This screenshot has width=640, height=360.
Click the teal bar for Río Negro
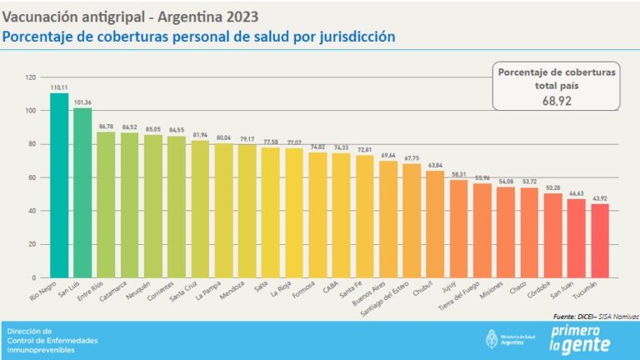click(59, 185)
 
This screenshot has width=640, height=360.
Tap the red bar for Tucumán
click(600, 241)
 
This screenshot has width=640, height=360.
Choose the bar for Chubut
click(435, 224)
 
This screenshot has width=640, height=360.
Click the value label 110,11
click(59, 86)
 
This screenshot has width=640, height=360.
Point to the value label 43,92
click(600, 197)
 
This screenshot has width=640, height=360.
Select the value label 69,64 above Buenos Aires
click(388, 155)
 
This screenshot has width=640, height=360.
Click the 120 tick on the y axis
click(31, 77)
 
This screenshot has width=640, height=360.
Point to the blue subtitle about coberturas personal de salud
click(198, 37)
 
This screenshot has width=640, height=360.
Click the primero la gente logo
click(580, 339)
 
